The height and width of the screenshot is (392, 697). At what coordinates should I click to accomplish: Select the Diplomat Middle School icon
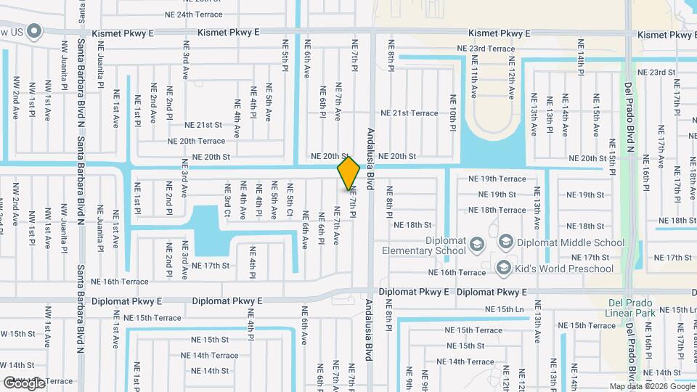506,242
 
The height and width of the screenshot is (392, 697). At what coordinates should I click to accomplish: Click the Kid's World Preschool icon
503,269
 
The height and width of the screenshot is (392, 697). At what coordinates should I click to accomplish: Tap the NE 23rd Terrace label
486,49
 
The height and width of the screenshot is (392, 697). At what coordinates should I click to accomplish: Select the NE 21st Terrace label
415,113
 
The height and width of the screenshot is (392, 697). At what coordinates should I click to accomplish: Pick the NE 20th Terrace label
196,141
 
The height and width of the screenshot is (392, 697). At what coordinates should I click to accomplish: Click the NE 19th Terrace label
497,179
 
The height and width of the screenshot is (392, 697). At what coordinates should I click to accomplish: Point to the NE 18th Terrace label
497,210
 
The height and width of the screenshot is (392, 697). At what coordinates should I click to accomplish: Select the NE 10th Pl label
452,107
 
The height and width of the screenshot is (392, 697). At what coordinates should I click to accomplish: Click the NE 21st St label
207,126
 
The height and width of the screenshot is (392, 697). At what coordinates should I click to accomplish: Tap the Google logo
25,382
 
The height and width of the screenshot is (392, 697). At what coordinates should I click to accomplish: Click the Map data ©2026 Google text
652,387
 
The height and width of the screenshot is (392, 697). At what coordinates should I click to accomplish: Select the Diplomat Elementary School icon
476,242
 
